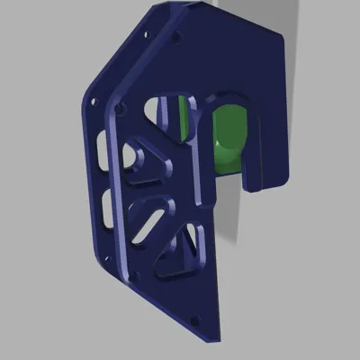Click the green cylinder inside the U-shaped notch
click(231, 135)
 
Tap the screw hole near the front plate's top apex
click(175, 39)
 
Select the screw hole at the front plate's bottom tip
click(196, 318)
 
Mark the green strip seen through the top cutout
click(184, 115)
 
